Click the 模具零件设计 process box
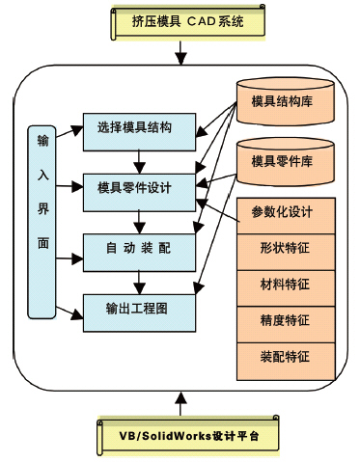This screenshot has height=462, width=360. [140, 186]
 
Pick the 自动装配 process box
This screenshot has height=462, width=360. [140, 250]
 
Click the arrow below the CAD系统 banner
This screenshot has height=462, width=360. [180, 56]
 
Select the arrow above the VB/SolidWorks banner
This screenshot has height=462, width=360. [180, 401]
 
